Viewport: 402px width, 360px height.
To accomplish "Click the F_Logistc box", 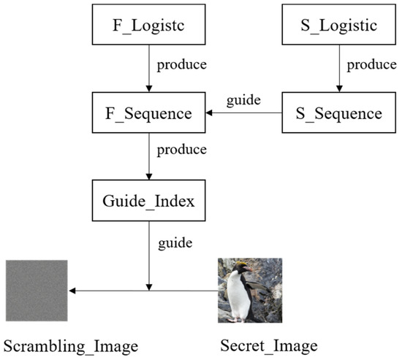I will (x=148, y=27).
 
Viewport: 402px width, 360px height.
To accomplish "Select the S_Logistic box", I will (x=338, y=27).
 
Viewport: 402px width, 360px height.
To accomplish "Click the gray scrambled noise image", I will (x=37, y=291).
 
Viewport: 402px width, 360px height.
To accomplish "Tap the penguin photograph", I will (x=249, y=291).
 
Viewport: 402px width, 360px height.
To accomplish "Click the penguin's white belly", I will (x=238, y=299).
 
